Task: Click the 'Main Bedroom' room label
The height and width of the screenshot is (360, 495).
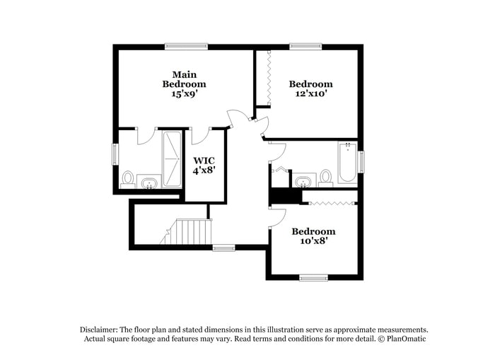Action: tap(184, 79)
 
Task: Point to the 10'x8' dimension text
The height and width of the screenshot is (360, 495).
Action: tap(313, 241)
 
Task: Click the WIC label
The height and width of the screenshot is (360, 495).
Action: tap(204, 160)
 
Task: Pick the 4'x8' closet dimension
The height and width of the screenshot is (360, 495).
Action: tap(204, 170)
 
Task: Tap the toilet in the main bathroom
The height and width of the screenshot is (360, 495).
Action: tap(128, 178)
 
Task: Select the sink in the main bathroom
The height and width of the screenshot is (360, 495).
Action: tap(149, 183)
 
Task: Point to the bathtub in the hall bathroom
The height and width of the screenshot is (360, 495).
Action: tap(347, 163)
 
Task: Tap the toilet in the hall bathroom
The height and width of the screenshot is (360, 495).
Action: tap(326, 176)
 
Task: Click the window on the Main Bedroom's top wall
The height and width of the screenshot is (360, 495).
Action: tap(186, 47)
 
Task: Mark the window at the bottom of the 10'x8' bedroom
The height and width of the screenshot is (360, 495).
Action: tap(313, 277)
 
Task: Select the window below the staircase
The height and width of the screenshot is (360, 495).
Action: tap(223, 248)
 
